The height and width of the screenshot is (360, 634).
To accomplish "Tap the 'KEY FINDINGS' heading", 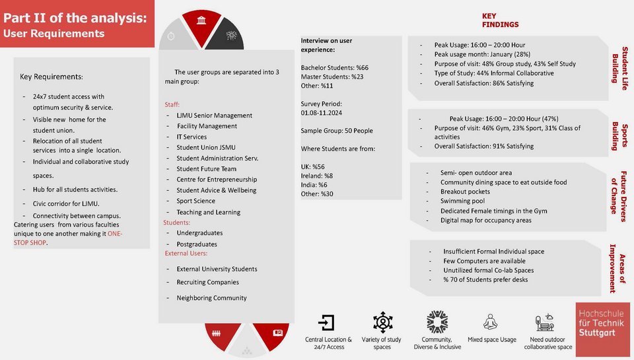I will point(499,20).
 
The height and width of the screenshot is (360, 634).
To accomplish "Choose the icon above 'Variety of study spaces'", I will point(382,322).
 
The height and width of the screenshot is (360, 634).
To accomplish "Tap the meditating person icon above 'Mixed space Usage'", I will point(491,322).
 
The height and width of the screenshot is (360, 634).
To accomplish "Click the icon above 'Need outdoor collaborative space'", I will point(546,323).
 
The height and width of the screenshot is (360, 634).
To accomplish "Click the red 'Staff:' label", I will point(172,104).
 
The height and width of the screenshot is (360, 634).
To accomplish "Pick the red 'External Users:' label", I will point(186,253).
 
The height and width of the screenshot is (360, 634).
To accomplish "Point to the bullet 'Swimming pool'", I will point(462,201).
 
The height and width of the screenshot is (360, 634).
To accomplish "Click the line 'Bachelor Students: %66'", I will point(334,67).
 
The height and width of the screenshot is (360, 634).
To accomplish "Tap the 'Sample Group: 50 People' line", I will point(337,131).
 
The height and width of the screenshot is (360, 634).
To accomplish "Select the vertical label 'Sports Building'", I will point(619,136).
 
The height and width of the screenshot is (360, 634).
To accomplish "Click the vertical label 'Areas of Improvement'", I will point(617,268).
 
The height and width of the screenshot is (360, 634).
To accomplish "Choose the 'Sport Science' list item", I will point(195,201).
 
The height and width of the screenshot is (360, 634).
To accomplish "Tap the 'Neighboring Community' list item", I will point(211,298).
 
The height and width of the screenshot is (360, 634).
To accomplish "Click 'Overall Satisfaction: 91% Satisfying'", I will point(483,146).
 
